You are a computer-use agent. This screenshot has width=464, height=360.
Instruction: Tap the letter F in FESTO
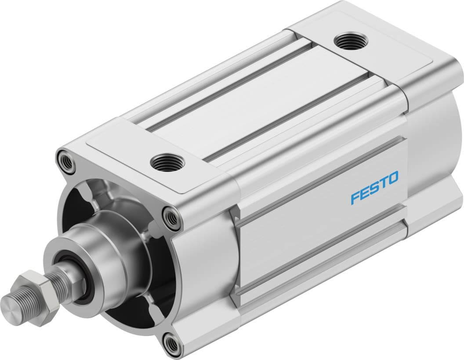click(355, 198)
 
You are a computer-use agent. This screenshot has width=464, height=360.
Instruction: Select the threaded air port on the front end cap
click(167, 162)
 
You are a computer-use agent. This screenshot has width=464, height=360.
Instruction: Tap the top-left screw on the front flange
click(66, 161)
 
